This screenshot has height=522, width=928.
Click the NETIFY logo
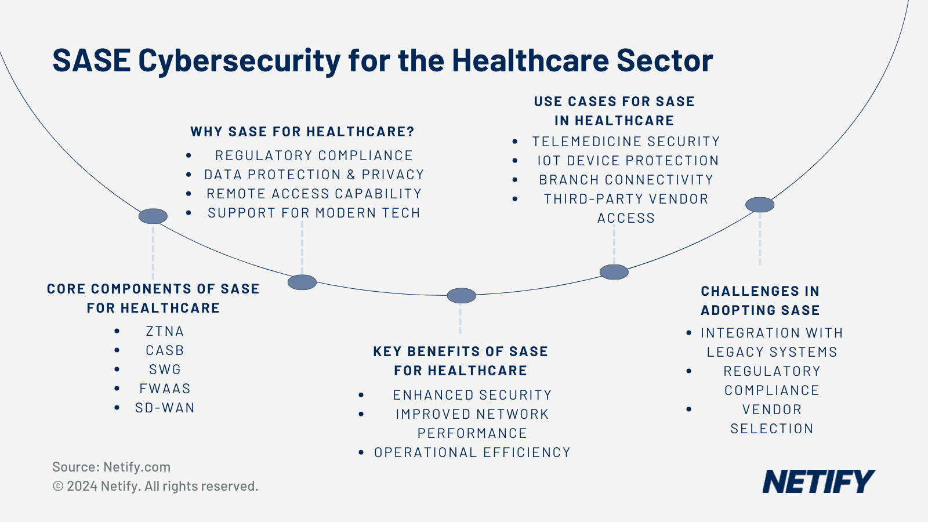[x=818, y=481]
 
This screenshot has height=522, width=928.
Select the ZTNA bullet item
[x=165, y=331]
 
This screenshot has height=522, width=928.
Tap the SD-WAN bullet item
[x=165, y=408]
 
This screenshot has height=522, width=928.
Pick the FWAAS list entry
[x=165, y=389]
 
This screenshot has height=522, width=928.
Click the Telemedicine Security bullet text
[x=626, y=142]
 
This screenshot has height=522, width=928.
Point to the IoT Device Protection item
[x=628, y=161]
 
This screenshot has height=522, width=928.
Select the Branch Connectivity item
[x=626, y=180]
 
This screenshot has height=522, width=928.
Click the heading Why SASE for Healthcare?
[x=302, y=132]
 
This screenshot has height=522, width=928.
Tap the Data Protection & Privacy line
[x=314, y=175]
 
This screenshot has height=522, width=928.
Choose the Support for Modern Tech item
[x=314, y=213]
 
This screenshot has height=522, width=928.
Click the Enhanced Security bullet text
[x=472, y=395]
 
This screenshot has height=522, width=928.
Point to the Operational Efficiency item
[x=472, y=452]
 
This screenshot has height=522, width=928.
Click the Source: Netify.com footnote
[x=111, y=467]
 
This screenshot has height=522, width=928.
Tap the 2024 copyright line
[x=155, y=486]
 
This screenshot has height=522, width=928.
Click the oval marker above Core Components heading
[x=153, y=216]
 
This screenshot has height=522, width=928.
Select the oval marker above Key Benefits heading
[x=461, y=295]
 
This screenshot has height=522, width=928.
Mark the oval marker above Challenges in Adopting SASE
[x=760, y=205]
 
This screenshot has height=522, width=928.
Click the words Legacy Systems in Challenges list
[x=771, y=352]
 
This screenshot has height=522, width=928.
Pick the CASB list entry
[x=165, y=350]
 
